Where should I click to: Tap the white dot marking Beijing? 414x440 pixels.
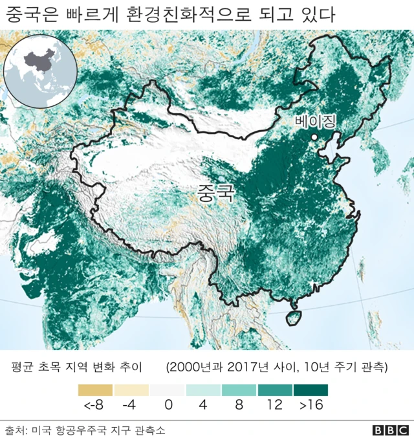click(314, 137)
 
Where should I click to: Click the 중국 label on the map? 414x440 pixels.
click(215, 192)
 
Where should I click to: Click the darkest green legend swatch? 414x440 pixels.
click(310, 390)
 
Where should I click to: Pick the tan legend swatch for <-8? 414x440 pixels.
click(95, 390)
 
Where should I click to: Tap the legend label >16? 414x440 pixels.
click(310, 406)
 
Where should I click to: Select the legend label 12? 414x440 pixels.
click(274, 406)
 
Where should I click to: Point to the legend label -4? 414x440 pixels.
click(131, 406)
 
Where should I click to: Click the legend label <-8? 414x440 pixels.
click(93, 406)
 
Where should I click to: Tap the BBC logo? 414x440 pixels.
click(390, 430)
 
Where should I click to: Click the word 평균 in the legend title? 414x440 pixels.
click(23, 368)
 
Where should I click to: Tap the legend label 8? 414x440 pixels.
click(238, 406)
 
